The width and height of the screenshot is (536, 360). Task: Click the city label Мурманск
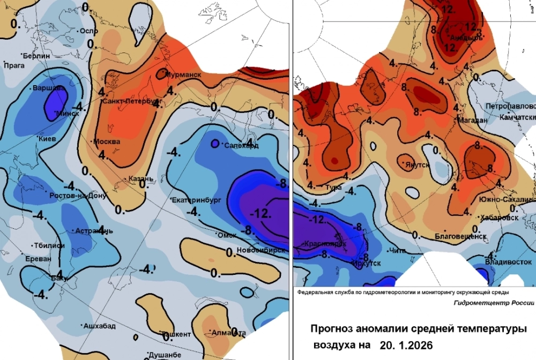click(183, 74)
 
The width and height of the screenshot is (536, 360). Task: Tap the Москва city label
click(106, 142)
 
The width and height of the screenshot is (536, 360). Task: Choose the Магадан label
click(472, 121)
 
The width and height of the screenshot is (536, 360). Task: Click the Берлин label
click(36, 56)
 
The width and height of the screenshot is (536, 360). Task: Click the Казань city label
click(142, 178)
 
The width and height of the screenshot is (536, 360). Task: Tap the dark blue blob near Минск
click(56, 102)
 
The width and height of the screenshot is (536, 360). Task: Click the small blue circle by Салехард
click(214, 144)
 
